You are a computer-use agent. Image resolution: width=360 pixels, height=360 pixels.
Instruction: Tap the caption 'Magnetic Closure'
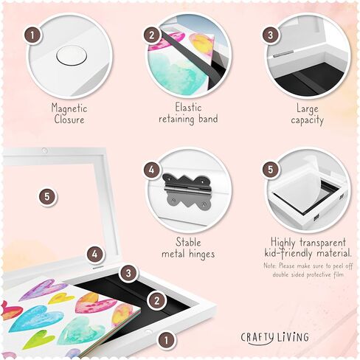(69, 113)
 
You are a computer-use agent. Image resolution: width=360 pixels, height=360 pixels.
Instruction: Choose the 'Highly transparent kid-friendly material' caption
(303, 246)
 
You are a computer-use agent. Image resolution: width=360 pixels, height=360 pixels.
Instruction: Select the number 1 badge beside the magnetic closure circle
(32, 35)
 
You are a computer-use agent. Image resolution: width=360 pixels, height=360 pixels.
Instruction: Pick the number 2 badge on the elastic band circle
(152, 35)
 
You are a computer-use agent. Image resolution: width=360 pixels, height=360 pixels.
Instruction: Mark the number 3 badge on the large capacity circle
(271, 35)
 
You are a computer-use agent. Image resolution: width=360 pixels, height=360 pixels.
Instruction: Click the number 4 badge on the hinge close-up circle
(152, 170)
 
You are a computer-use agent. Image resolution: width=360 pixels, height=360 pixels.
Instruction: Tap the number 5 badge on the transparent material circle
(271, 170)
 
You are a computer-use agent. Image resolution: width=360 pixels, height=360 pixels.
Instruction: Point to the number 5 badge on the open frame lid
(47, 196)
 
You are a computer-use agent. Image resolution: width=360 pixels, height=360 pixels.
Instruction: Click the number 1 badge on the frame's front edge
(167, 341)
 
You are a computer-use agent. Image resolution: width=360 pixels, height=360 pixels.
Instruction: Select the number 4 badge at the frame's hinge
(94, 255)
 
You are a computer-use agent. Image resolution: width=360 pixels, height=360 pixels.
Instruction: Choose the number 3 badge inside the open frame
(128, 274)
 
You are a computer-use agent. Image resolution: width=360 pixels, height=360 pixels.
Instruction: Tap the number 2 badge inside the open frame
(156, 300)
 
